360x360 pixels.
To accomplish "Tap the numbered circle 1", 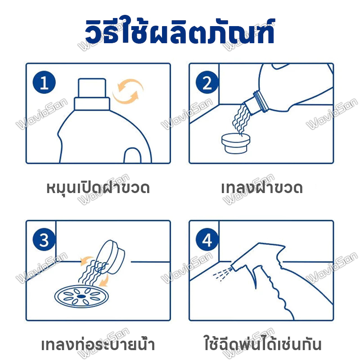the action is click(44, 82).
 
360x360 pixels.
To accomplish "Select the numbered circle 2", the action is click(207, 82).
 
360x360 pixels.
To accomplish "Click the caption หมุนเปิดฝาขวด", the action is click(98, 188).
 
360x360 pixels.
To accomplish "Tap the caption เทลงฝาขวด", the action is click(262, 188).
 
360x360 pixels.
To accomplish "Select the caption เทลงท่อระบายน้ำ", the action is click(98, 344).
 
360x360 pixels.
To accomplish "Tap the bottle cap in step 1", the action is click(92, 94).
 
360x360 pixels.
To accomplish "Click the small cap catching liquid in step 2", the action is click(236, 143).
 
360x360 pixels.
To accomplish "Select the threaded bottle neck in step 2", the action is click(261, 101).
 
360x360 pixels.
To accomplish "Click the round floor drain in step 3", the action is click(81, 297).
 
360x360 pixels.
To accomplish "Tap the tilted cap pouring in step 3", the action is click(110, 256).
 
